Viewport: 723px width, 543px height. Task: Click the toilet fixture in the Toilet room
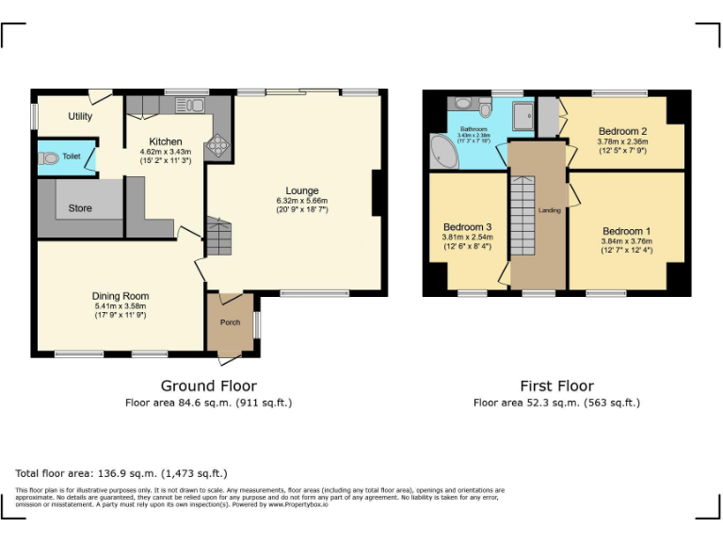pyautogui.click(x=49, y=159)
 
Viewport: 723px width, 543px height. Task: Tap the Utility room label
pyautogui.click(x=80, y=116)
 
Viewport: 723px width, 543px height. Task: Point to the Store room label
pyautogui.click(x=80, y=207)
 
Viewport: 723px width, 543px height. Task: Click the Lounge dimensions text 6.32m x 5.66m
pyautogui.click(x=301, y=201)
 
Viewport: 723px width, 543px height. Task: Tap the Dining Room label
pyautogui.click(x=120, y=296)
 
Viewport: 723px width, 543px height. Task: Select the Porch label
pyautogui.click(x=230, y=322)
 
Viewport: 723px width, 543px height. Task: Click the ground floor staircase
pyautogui.click(x=217, y=238)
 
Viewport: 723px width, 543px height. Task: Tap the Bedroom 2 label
pyautogui.click(x=622, y=131)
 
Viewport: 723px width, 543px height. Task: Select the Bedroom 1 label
pyautogui.click(x=626, y=231)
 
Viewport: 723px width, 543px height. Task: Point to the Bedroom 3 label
pyautogui.click(x=467, y=227)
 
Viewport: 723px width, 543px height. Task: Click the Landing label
pyautogui.click(x=549, y=210)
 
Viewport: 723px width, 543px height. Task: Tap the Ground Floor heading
pyautogui.click(x=208, y=386)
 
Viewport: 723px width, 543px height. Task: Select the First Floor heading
pyautogui.click(x=556, y=386)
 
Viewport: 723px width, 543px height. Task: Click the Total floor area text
pyautogui.click(x=121, y=473)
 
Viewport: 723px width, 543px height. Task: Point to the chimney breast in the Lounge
pyautogui.click(x=378, y=193)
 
